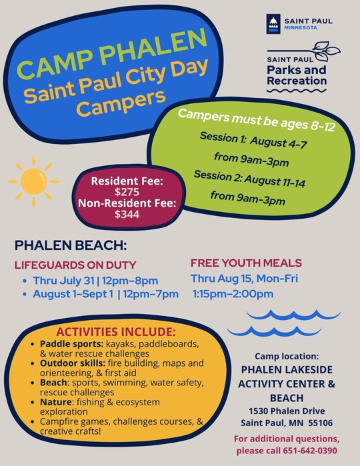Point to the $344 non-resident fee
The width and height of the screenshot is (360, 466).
[127, 215]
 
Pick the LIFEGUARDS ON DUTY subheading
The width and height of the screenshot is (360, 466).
[75, 265]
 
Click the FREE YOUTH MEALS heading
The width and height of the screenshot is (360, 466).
[246, 263]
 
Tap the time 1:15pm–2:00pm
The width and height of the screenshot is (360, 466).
[233, 293]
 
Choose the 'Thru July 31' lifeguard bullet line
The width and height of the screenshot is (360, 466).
[98, 280]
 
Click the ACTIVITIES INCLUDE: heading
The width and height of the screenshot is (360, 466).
[116, 332]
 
